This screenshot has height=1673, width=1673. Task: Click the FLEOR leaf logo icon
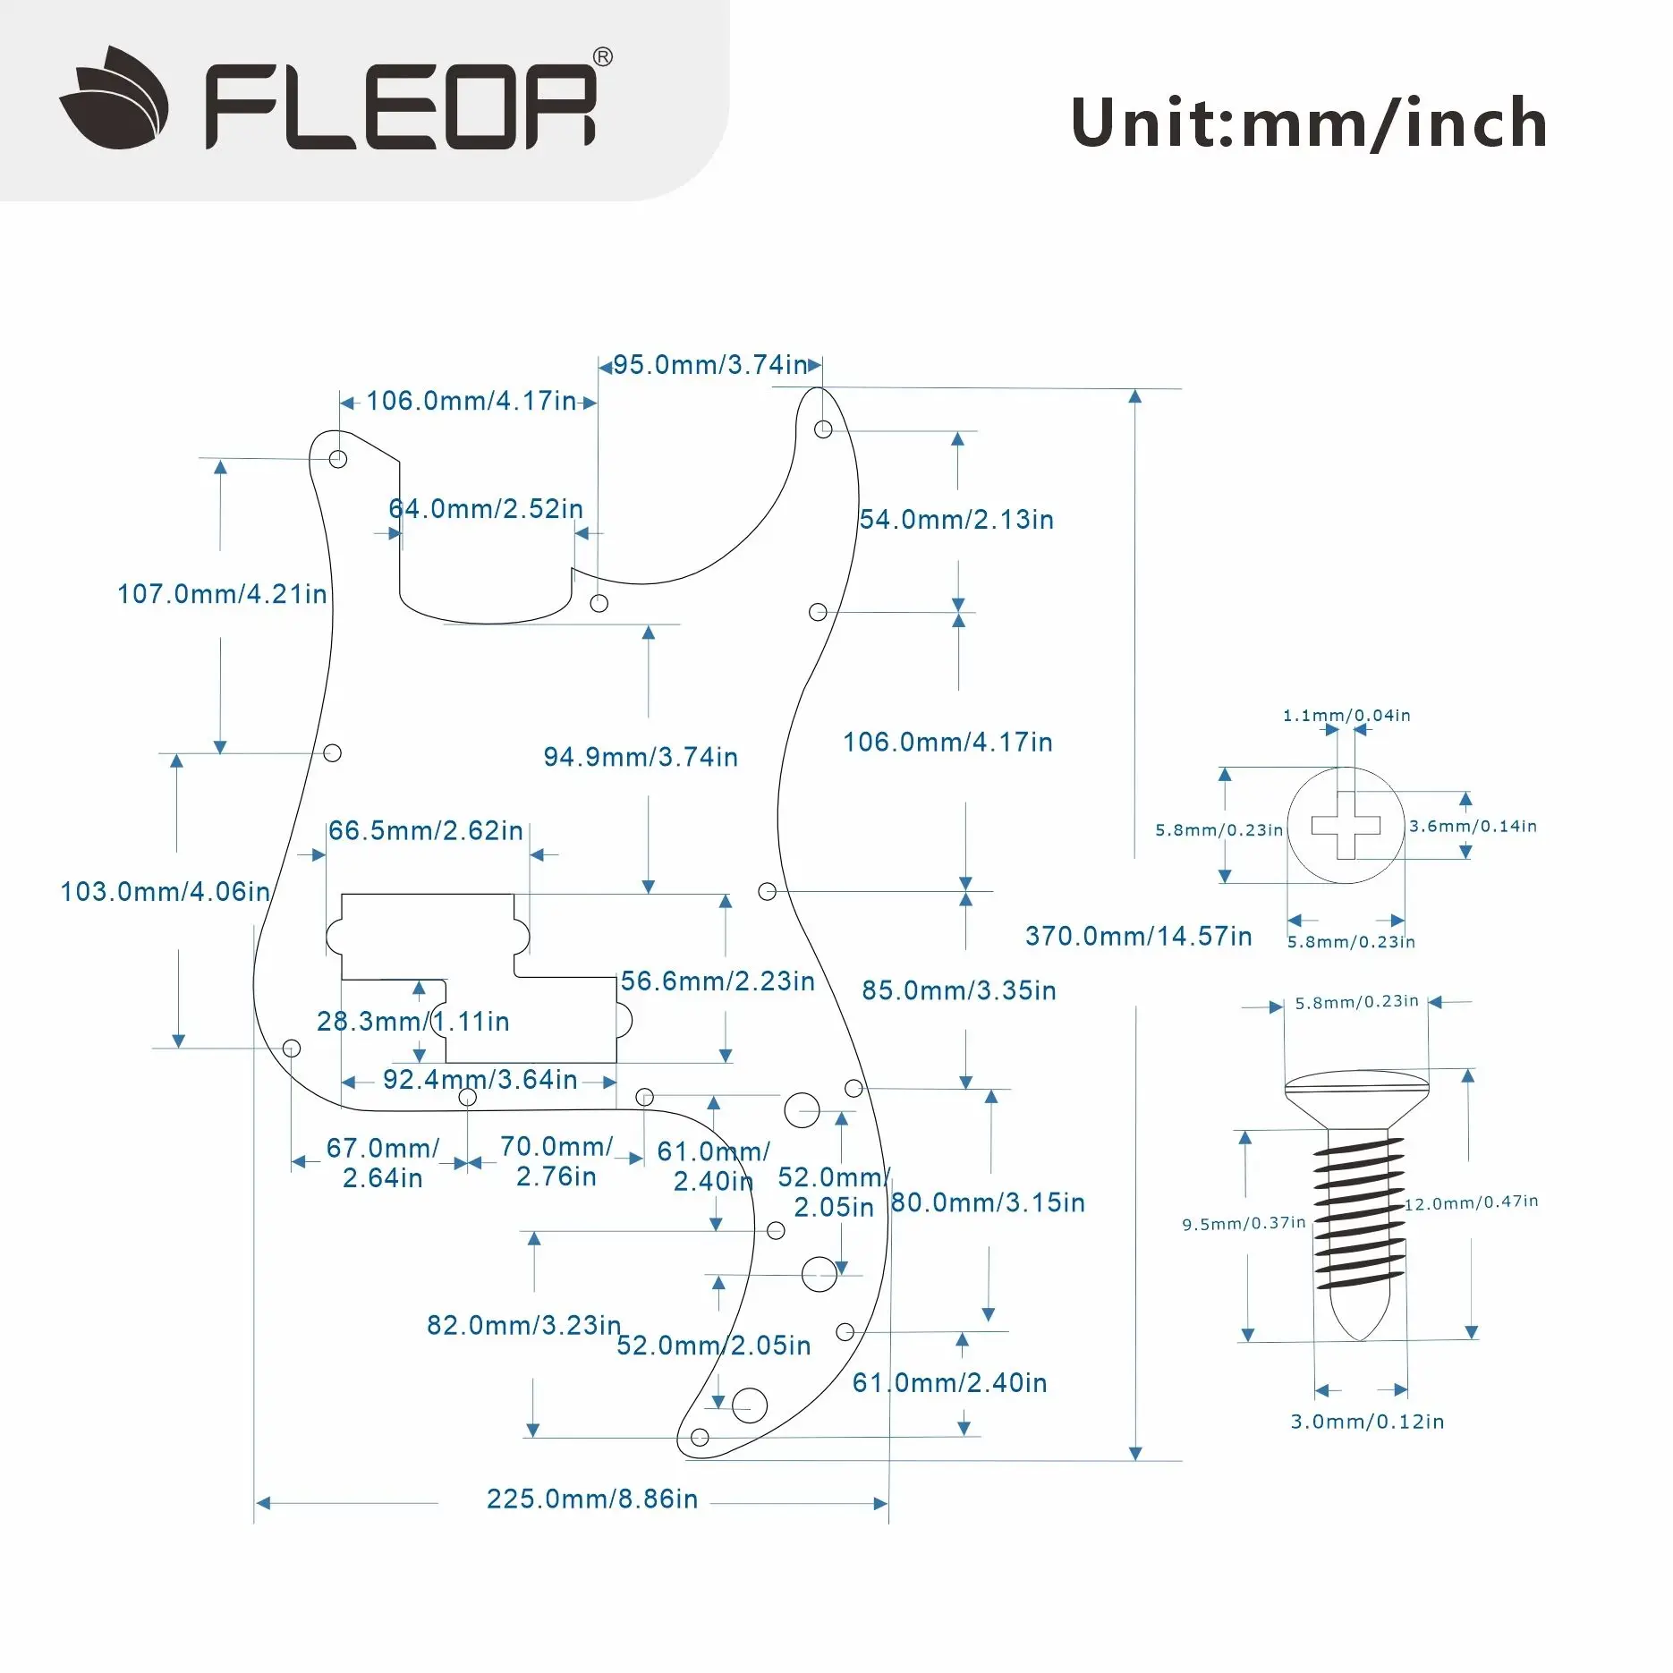[x=115, y=98]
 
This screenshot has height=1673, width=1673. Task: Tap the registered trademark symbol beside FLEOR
[x=603, y=58]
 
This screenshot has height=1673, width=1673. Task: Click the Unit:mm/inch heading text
[x=1309, y=123]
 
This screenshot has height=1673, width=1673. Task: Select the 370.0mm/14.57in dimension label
[x=1138, y=937]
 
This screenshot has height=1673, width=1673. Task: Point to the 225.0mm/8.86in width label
[x=591, y=1499]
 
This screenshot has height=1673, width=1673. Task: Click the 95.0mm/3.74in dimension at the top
[x=710, y=365]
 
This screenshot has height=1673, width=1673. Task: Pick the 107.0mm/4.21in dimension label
[x=222, y=594]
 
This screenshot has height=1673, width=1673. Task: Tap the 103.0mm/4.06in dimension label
[x=165, y=892]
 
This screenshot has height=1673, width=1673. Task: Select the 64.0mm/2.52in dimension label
[x=486, y=509]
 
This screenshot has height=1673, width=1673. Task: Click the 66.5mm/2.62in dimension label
[x=425, y=831]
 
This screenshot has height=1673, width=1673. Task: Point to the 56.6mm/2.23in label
[x=718, y=981]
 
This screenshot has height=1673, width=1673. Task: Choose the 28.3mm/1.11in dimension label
[x=412, y=1022]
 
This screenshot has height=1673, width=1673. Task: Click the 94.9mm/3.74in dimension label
[x=641, y=758]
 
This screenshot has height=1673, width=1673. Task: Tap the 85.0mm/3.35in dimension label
[x=959, y=991]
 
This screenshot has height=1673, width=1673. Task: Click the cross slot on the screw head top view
[x=1346, y=826]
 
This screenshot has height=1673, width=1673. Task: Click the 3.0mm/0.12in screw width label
[x=1367, y=1422]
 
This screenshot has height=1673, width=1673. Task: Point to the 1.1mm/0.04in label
[x=1346, y=716]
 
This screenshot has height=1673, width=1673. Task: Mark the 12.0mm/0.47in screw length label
[x=1471, y=1202]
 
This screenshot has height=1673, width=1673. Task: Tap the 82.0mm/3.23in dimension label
[x=523, y=1326]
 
